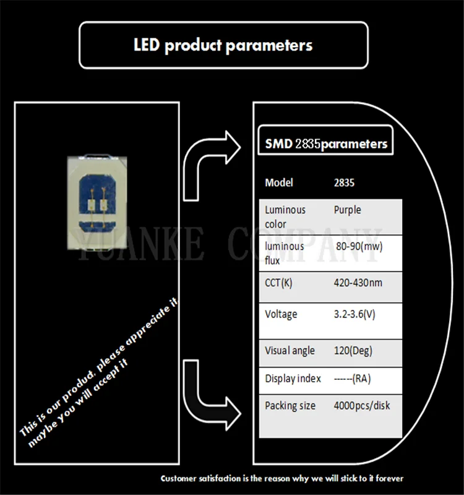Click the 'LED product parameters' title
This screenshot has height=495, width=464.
pyautogui.click(x=223, y=45)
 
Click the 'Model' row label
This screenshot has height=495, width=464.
pyautogui.click(x=279, y=183)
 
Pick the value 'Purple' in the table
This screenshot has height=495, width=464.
pyautogui.click(x=347, y=210)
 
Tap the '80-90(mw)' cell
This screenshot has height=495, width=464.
pyautogui.click(x=359, y=246)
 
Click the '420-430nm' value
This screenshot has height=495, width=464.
pyautogui.click(x=359, y=283)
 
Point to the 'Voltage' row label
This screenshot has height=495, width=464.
pyautogui.click(x=281, y=314)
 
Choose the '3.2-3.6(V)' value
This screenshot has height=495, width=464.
pyautogui.click(x=354, y=314)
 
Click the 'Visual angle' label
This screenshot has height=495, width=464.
pyautogui.click(x=290, y=350)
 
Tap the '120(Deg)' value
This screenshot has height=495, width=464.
pyautogui.click(x=353, y=350)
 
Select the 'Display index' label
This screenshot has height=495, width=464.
pyautogui.click(x=293, y=378)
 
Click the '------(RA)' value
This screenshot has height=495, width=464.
pyautogui.click(x=353, y=378)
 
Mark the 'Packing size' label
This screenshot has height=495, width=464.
pyautogui.click(x=290, y=405)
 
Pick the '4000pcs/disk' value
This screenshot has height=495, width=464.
pyautogui.click(x=362, y=405)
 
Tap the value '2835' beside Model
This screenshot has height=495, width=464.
pyautogui.click(x=345, y=183)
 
